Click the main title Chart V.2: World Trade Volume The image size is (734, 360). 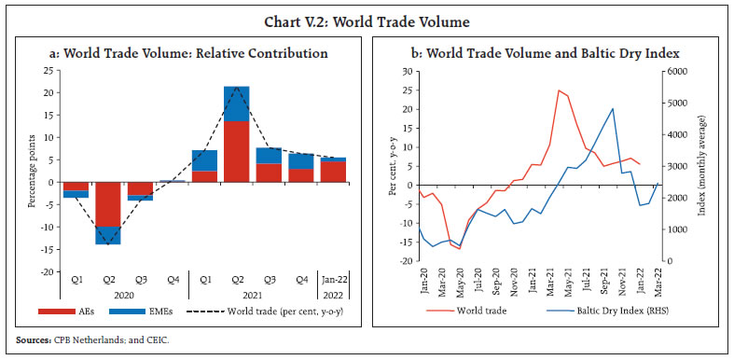tap(367, 16)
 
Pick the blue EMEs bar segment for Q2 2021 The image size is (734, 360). tap(236, 104)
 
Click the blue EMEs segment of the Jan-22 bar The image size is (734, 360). tap(334, 159)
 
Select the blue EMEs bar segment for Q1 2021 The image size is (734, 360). tap(204, 160)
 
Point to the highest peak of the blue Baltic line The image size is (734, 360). tap(613, 108)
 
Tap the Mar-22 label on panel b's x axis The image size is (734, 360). tap(658, 276)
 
